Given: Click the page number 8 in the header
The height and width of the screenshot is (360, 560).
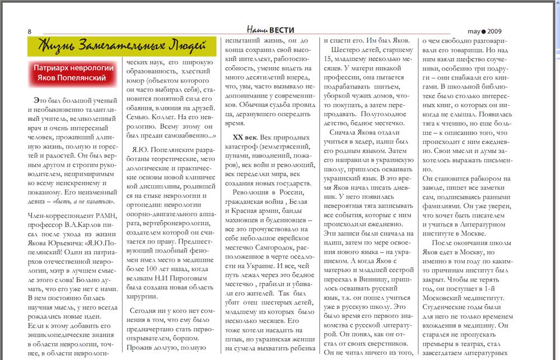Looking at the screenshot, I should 29,31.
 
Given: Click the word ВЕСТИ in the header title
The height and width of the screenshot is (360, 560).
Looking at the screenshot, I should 282,30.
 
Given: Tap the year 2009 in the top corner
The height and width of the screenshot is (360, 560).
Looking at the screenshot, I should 494,31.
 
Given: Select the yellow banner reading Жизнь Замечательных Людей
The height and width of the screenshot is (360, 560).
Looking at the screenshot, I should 122,46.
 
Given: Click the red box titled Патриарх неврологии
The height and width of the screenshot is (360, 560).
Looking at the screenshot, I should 73,73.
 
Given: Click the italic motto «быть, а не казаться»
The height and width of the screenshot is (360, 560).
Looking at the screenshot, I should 88,201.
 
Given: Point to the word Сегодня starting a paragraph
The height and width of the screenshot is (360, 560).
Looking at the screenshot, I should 143,311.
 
